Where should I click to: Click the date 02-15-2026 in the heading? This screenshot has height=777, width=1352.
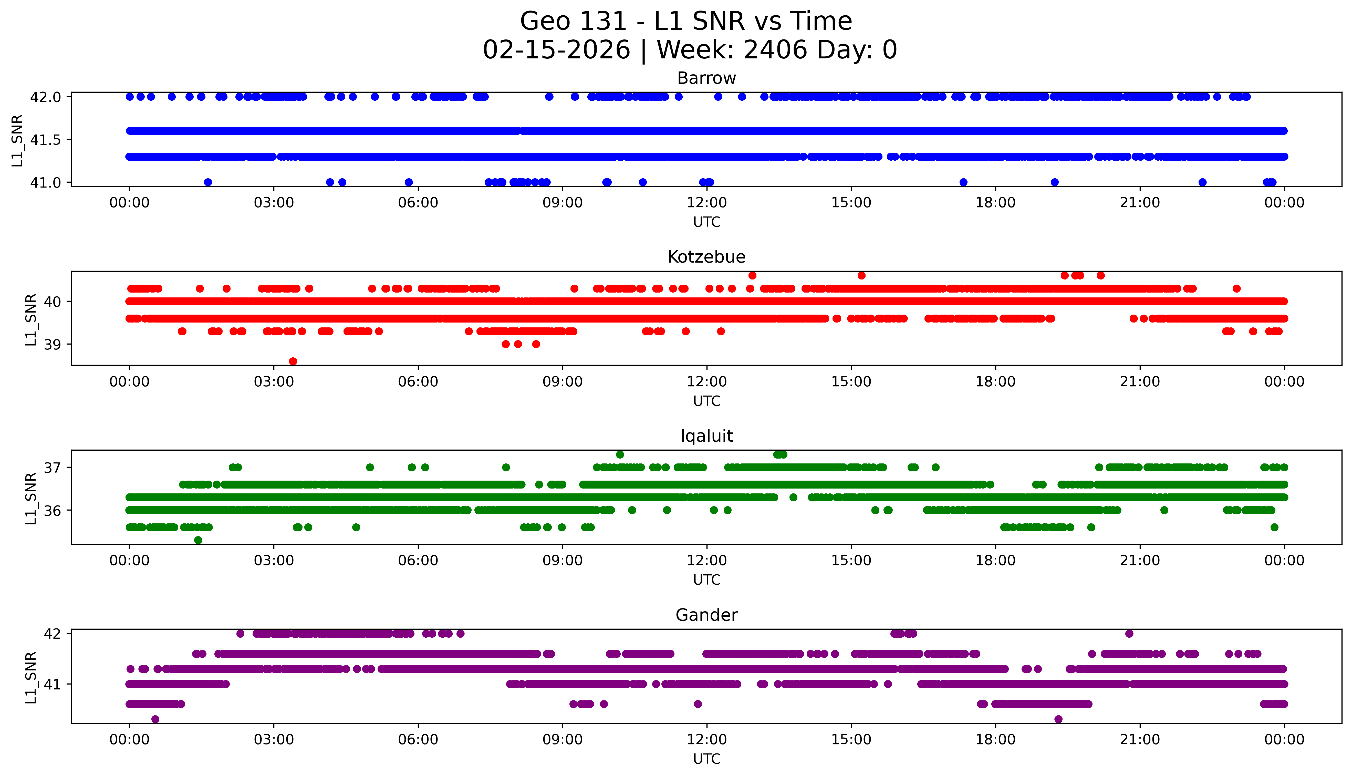556,50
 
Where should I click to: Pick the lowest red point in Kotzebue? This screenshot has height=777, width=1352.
293,361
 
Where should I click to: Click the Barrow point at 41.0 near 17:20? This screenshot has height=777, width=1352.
963,182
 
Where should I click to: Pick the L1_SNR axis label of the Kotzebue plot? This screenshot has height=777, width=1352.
31,319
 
